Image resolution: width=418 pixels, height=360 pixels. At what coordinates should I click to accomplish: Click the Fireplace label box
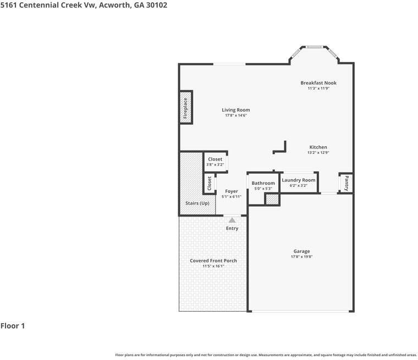click(185, 108)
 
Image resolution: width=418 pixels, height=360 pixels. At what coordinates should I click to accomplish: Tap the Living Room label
click(235, 110)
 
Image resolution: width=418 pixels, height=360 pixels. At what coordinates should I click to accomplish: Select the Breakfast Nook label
click(318, 83)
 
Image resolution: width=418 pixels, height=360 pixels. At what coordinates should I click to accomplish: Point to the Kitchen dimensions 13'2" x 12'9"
click(318, 153)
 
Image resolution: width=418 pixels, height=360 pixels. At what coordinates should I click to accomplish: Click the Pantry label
click(346, 183)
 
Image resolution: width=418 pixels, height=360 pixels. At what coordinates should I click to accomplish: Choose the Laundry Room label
click(298, 180)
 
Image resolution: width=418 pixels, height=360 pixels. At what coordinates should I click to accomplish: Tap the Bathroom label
click(263, 183)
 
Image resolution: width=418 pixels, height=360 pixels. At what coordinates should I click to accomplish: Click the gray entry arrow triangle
click(232, 220)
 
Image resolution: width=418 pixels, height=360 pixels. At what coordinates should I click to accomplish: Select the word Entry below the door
click(232, 228)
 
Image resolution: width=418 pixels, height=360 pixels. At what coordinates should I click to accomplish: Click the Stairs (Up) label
click(197, 203)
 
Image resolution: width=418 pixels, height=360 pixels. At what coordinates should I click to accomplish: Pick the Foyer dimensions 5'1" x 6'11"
click(232, 197)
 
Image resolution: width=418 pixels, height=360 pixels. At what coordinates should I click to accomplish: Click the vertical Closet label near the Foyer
click(209, 184)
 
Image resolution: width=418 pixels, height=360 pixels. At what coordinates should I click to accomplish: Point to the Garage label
click(301, 251)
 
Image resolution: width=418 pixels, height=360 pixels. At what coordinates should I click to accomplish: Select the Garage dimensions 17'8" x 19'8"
click(301, 257)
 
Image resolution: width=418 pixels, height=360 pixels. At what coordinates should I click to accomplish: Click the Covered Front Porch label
click(213, 261)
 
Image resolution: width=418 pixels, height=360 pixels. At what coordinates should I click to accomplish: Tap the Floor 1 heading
click(13, 326)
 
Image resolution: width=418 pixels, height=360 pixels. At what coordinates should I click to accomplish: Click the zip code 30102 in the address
click(156, 5)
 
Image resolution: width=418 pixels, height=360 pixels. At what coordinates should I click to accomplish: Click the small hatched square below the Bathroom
click(272, 199)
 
